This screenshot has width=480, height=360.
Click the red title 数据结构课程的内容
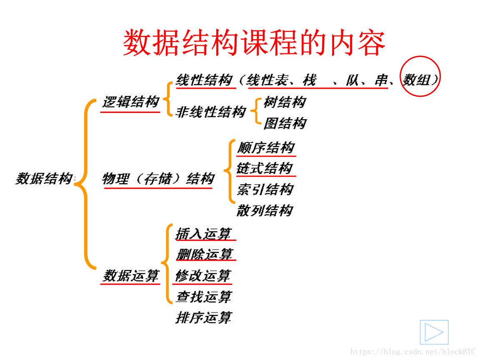(254, 42)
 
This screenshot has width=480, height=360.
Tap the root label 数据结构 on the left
(44, 179)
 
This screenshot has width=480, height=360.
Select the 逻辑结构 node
(130, 102)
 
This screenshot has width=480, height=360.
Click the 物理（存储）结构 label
(158, 179)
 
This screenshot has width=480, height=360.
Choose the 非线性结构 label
(210, 112)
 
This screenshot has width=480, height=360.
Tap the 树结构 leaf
(285, 102)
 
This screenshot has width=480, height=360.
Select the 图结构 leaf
(285, 123)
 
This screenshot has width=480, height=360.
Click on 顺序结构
(266, 147)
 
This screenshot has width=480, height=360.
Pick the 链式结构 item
(265, 168)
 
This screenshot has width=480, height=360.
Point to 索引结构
(265, 190)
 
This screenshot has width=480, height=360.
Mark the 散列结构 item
(265, 210)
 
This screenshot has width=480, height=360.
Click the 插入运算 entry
(203, 234)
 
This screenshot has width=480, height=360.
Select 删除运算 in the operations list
(204, 254)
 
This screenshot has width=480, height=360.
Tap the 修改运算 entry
(203, 275)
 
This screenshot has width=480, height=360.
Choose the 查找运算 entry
(203, 297)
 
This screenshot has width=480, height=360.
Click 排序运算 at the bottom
(203, 318)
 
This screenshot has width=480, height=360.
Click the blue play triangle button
(434, 332)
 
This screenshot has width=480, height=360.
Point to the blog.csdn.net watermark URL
(413, 352)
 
